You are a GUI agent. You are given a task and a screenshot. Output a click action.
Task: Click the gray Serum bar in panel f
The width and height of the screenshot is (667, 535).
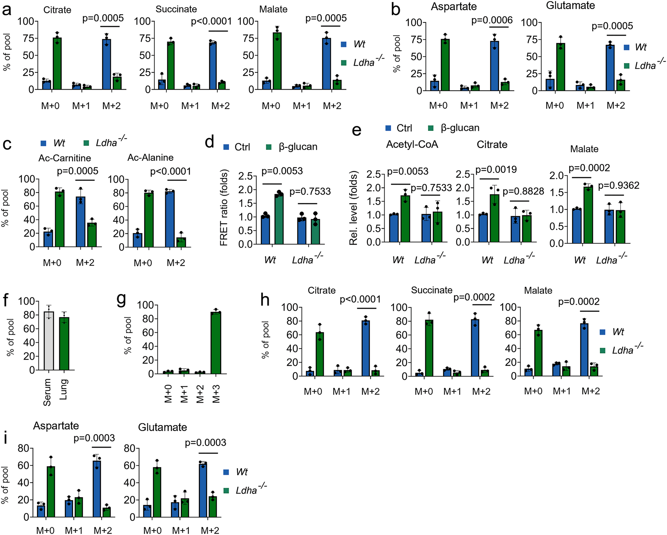pyautogui.click(x=49, y=342)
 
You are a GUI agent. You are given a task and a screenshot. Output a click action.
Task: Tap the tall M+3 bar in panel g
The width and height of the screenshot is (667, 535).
pyautogui.click(x=216, y=343)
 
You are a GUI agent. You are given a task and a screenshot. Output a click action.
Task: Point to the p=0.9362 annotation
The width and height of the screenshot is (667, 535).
pyautogui.click(x=619, y=185)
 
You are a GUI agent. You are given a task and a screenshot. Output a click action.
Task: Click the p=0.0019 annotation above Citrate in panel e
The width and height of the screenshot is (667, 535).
pyautogui.click(x=496, y=170)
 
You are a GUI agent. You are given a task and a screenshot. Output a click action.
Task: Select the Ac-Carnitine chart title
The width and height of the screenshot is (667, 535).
pyautogui.click(x=64, y=158)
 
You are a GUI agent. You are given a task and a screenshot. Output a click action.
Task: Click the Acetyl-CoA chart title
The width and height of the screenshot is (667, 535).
pyautogui.click(x=412, y=144)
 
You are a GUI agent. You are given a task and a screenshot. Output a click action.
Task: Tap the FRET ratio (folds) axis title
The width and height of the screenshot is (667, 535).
pyautogui.click(x=224, y=208)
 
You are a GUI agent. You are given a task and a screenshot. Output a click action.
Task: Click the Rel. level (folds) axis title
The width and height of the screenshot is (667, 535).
pyautogui.click(x=353, y=208)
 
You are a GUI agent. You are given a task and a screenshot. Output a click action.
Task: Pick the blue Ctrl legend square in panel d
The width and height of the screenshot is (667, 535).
pyautogui.click(x=226, y=147)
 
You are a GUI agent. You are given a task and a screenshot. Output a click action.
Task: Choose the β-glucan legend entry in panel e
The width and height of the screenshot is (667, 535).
pyautogui.click(x=460, y=128)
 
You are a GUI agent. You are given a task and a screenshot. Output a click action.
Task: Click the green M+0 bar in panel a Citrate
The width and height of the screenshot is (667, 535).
pyautogui.click(x=57, y=63)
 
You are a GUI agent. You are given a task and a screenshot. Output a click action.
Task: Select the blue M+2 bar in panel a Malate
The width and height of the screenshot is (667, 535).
pyautogui.click(x=326, y=64)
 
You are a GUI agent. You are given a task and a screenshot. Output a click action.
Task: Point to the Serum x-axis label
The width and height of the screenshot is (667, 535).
pyautogui.click(x=47, y=392)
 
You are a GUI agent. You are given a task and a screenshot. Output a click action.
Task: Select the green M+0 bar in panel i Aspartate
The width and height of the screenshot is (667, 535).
pyautogui.click(x=51, y=492)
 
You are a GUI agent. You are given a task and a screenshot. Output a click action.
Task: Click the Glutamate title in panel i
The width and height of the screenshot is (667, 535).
pyautogui.click(x=162, y=427)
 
